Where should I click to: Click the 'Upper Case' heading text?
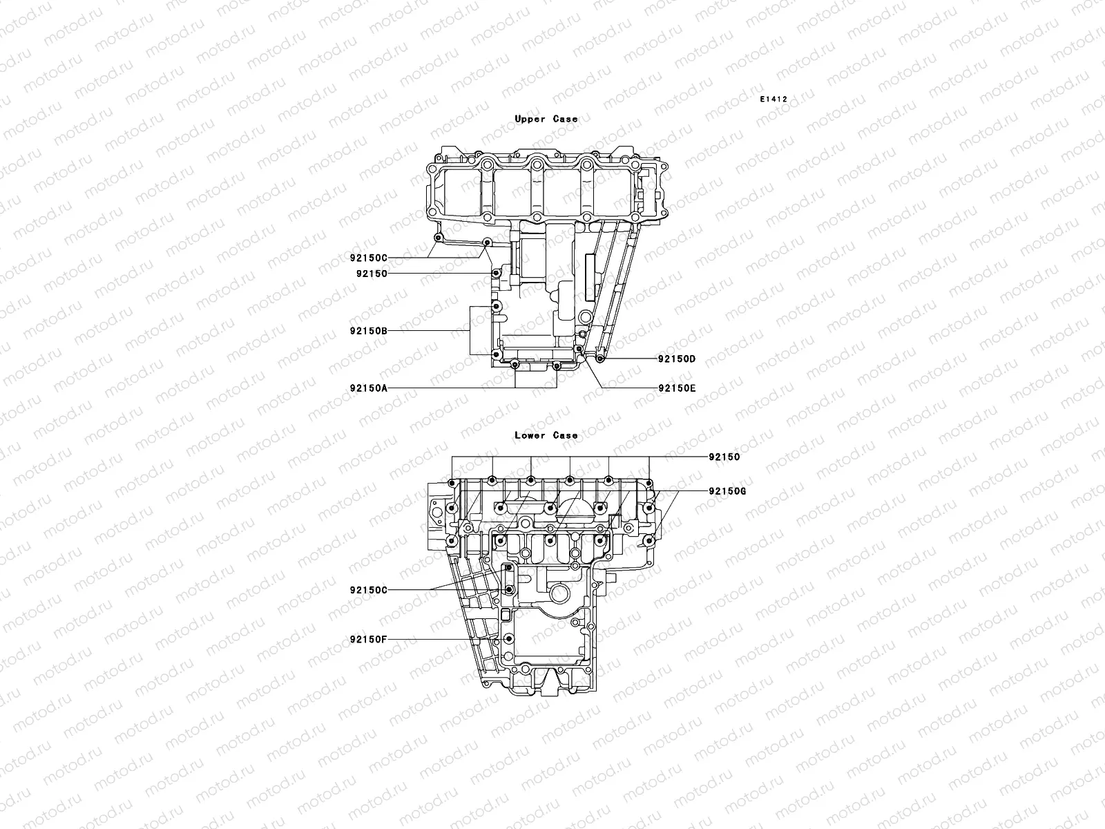coord(546,119)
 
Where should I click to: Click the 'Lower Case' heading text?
coord(546,435)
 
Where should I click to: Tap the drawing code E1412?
coord(773,99)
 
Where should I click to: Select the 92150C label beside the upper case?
coord(368,258)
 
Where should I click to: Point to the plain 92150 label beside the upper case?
coord(372,274)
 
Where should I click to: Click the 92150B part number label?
coord(368,331)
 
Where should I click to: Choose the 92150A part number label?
coord(368,388)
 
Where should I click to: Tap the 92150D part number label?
coord(676,359)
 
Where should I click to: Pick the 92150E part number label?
coord(676,388)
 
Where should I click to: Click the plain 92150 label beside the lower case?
coord(724,457)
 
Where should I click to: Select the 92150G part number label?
coord(727,491)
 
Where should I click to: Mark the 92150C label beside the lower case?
coord(368,590)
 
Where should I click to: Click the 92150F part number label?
coord(368,639)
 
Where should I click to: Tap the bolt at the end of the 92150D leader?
coord(599,359)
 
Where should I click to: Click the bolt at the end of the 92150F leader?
coord(510,639)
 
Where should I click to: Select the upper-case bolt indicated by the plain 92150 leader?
coord(495,274)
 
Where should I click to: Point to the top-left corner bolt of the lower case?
coord(451,482)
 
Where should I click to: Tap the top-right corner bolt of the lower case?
coord(649,482)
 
